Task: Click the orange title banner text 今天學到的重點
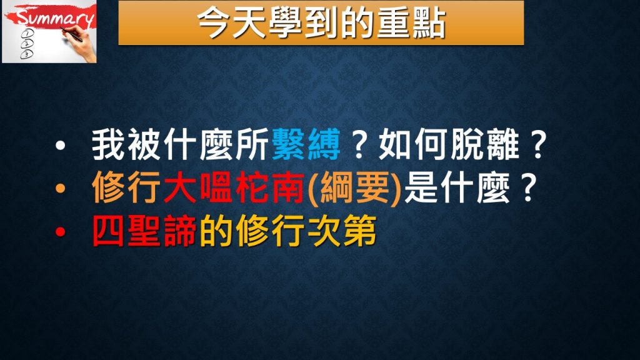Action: pos(321,23)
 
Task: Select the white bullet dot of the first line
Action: pos(61,145)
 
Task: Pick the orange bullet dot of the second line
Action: pos(61,188)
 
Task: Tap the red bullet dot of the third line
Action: pos(61,231)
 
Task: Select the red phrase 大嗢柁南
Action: pos(234,188)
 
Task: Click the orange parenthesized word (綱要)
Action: pos(354,188)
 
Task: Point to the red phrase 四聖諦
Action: pos(145,231)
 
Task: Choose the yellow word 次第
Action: pos(342,231)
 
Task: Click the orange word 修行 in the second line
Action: pos(126,188)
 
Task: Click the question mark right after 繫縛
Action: pos(359,145)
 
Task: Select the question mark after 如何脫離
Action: pos(538,145)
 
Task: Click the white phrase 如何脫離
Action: pos(449,144)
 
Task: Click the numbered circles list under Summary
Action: pos(27,44)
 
